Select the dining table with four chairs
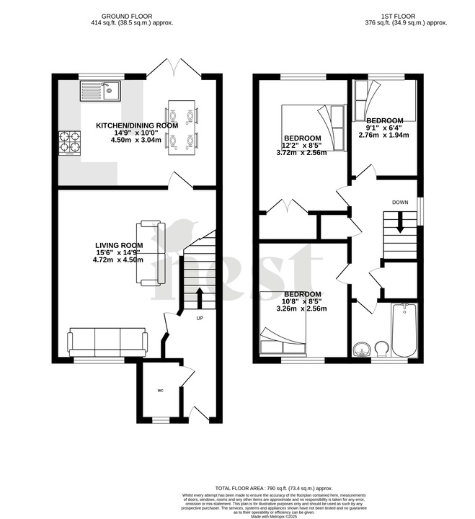(x=182, y=126)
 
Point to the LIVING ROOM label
(x=119, y=246)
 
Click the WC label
(x=161, y=391)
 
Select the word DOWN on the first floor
(x=401, y=203)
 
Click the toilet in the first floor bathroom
(x=383, y=350)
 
